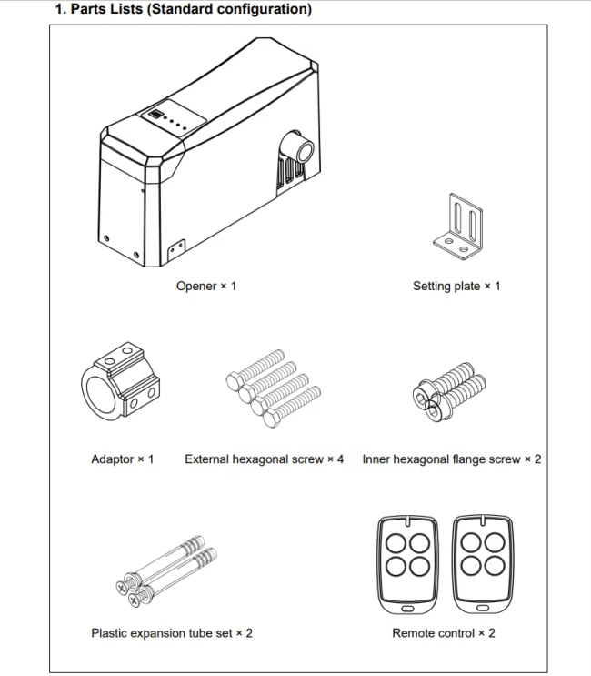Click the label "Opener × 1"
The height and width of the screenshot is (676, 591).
tap(206, 286)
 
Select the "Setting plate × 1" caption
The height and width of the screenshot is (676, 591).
tap(456, 286)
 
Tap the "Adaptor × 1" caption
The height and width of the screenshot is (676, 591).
tap(123, 459)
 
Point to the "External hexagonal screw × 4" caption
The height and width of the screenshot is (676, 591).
tap(265, 459)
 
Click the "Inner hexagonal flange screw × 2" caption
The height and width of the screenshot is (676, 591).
tap(452, 459)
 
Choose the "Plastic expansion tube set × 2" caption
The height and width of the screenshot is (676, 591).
tap(172, 632)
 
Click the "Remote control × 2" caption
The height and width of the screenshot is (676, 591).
tap(444, 632)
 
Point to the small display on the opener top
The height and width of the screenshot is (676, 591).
tap(156, 116)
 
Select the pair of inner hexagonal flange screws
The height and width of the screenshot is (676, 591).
tap(447, 387)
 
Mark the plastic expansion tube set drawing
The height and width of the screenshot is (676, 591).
tap(166, 569)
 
